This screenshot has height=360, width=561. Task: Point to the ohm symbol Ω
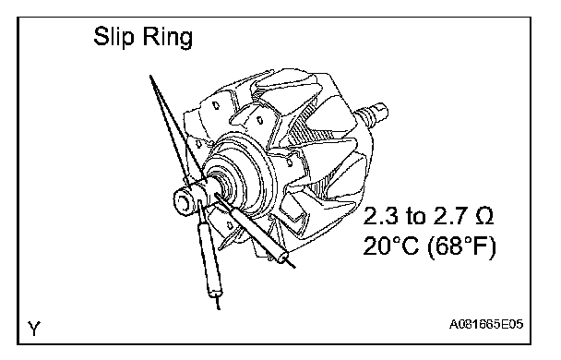coord(484,216)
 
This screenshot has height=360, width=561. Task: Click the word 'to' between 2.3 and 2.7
coord(416,217)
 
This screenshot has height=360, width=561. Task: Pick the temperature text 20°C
coord(390,246)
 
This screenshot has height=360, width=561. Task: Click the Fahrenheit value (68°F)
coord(461,246)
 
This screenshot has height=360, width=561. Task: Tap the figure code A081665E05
coord(486,324)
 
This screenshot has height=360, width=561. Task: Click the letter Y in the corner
coord(34,328)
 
